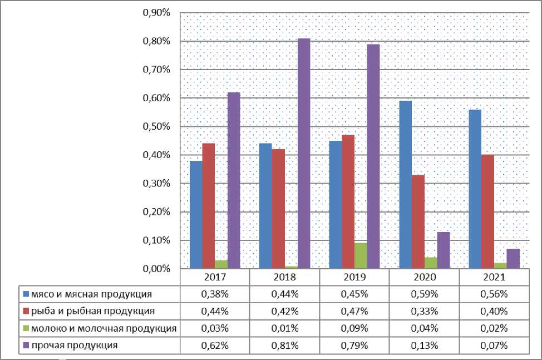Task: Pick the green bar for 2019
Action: [361, 256]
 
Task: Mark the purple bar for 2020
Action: [443, 250]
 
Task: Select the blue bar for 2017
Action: [196, 215]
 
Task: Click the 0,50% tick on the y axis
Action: [156, 126]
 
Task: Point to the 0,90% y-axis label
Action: [156, 12]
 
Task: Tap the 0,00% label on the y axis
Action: [156, 269]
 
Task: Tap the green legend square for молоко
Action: [26, 328]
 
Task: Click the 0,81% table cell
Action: [284, 346]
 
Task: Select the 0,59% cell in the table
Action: [424, 293]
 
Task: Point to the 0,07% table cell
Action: [494, 346]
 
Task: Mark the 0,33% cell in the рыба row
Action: [424, 310]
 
